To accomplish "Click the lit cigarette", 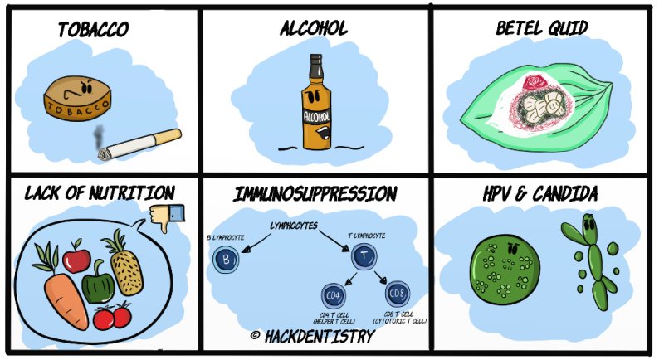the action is tap(141, 145).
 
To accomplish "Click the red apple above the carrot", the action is tap(77, 258).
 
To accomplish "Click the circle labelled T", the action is tap(362, 258).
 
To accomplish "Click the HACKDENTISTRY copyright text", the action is tap(311, 337).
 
